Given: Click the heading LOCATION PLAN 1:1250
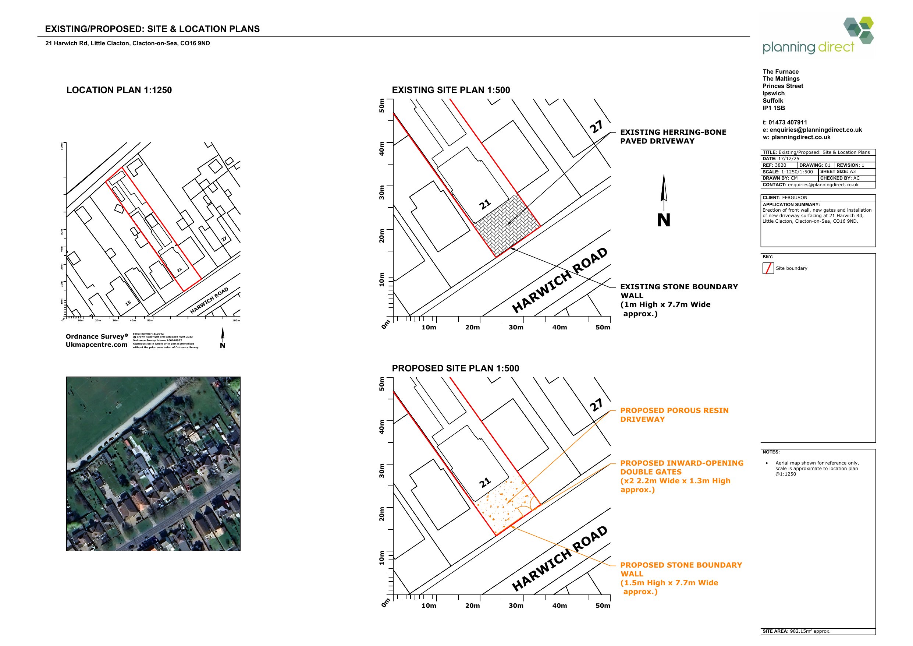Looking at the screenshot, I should [x=119, y=90].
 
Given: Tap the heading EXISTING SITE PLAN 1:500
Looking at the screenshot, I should [x=451, y=90].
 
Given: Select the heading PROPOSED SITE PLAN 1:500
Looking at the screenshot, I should [x=455, y=368].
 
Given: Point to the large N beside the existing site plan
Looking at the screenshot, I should [x=663, y=220].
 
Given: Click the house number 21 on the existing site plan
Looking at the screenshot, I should [x=485, y=205].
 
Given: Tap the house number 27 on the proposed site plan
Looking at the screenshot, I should [x=596, y=405].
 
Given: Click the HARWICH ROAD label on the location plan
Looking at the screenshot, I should [x=209, y=300].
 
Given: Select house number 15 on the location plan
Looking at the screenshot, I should [x=128, y=303].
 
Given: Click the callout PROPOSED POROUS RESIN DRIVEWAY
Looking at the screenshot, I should [x=674, y=415].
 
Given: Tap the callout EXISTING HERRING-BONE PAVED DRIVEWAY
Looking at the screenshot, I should [x=673, y=137].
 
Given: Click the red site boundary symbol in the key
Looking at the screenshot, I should [x=768, y=269].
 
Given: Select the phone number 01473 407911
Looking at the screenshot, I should [x=787, y=123].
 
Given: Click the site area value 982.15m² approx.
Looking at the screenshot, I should [x=810, y=631].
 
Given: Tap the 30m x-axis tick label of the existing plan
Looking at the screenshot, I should [x=516, y=328].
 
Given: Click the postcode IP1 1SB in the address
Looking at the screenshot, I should [x=774, y=108].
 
